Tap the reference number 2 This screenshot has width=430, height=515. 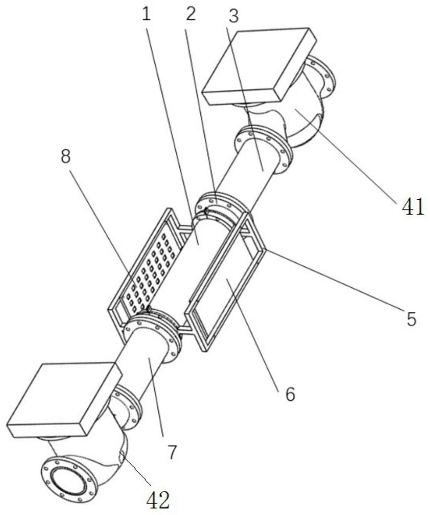[x=190, y=14]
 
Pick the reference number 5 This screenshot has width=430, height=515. [x=411, y=318]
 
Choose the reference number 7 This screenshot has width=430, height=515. [x=172, y=452]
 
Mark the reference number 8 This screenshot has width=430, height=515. [x=66, y=157]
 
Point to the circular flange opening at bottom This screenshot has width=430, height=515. [x=68, y=477]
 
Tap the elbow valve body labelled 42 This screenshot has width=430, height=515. [x=103, y=451]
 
